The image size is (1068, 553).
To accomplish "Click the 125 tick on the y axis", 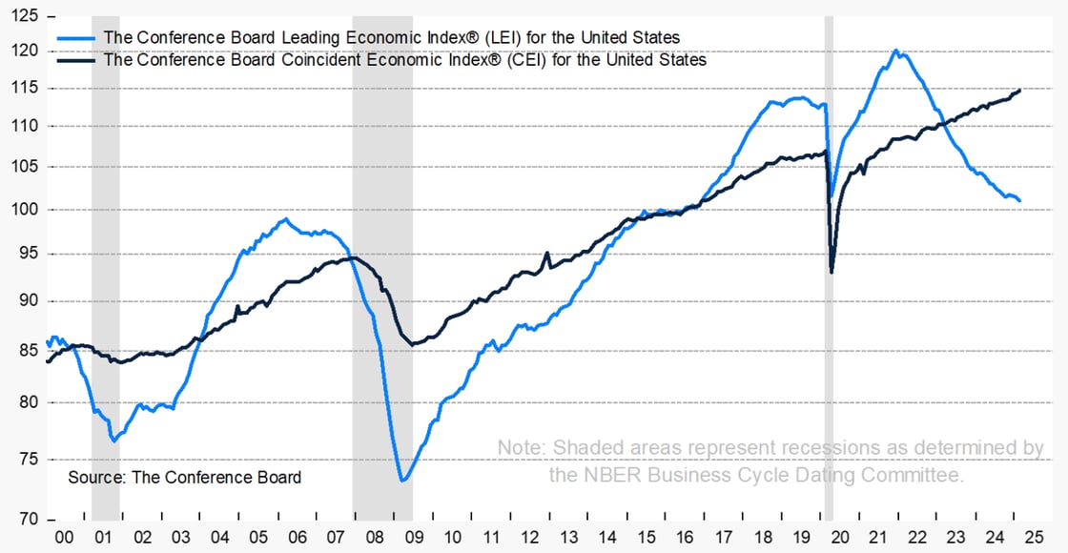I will pos(27,17).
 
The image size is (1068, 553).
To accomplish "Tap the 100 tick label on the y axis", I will pos(27,210).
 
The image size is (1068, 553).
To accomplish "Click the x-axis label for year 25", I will pos(1030,538).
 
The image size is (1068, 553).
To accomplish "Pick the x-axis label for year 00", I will pos(65,538).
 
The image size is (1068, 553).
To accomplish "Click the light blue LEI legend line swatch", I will pos(76,38).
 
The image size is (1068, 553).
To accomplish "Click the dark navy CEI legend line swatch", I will pos(76,59).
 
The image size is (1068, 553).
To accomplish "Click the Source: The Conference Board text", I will pos(184,477).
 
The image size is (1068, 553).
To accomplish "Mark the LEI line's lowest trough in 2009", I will pos(402,480).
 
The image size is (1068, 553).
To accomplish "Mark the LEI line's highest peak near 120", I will pos(895,51).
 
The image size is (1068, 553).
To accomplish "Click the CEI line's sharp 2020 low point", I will pos(832,273).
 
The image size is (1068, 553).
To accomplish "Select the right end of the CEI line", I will pos(1020,91).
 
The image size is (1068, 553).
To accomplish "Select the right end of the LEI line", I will pos(1020,200).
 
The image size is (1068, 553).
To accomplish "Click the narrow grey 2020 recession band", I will pos(829,286).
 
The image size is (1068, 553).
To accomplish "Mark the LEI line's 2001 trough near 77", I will pos(113,440).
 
